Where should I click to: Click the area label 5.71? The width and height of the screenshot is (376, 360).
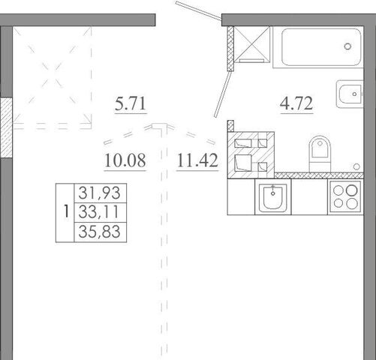tap(131, 104)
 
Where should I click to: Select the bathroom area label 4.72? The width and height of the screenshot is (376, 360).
tap(296, 103)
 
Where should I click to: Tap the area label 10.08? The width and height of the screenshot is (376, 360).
tap(125, 160)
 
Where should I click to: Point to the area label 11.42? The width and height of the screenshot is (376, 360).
tap(197, 160)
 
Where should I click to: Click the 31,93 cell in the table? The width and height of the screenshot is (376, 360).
tap(101, 193)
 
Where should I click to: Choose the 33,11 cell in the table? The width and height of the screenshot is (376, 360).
tap(101, 212)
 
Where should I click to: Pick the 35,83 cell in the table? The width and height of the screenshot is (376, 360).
tap(101, 232)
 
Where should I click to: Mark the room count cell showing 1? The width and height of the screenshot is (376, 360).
tap(65, 211)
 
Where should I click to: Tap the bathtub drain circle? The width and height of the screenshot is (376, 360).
tap(347, 46)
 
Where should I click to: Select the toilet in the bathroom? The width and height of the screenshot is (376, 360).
tap(320, 154)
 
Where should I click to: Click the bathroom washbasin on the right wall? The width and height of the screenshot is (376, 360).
tap(350, 94)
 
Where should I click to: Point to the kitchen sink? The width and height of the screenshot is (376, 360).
tap(273, 197)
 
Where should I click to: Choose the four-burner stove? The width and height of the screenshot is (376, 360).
tap(345, 196)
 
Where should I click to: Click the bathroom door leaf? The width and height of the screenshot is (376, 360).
tap(223, 94)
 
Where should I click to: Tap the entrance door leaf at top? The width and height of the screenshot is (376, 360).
tap(199, 10)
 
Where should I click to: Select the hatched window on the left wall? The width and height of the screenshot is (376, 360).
tap(6, 127)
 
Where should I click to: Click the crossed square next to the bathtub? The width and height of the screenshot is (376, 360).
tap(252, 44)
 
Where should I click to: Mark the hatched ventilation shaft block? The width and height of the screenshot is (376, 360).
tap(251, 155)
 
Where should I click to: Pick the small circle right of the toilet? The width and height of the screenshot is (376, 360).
tap(357, 166)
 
